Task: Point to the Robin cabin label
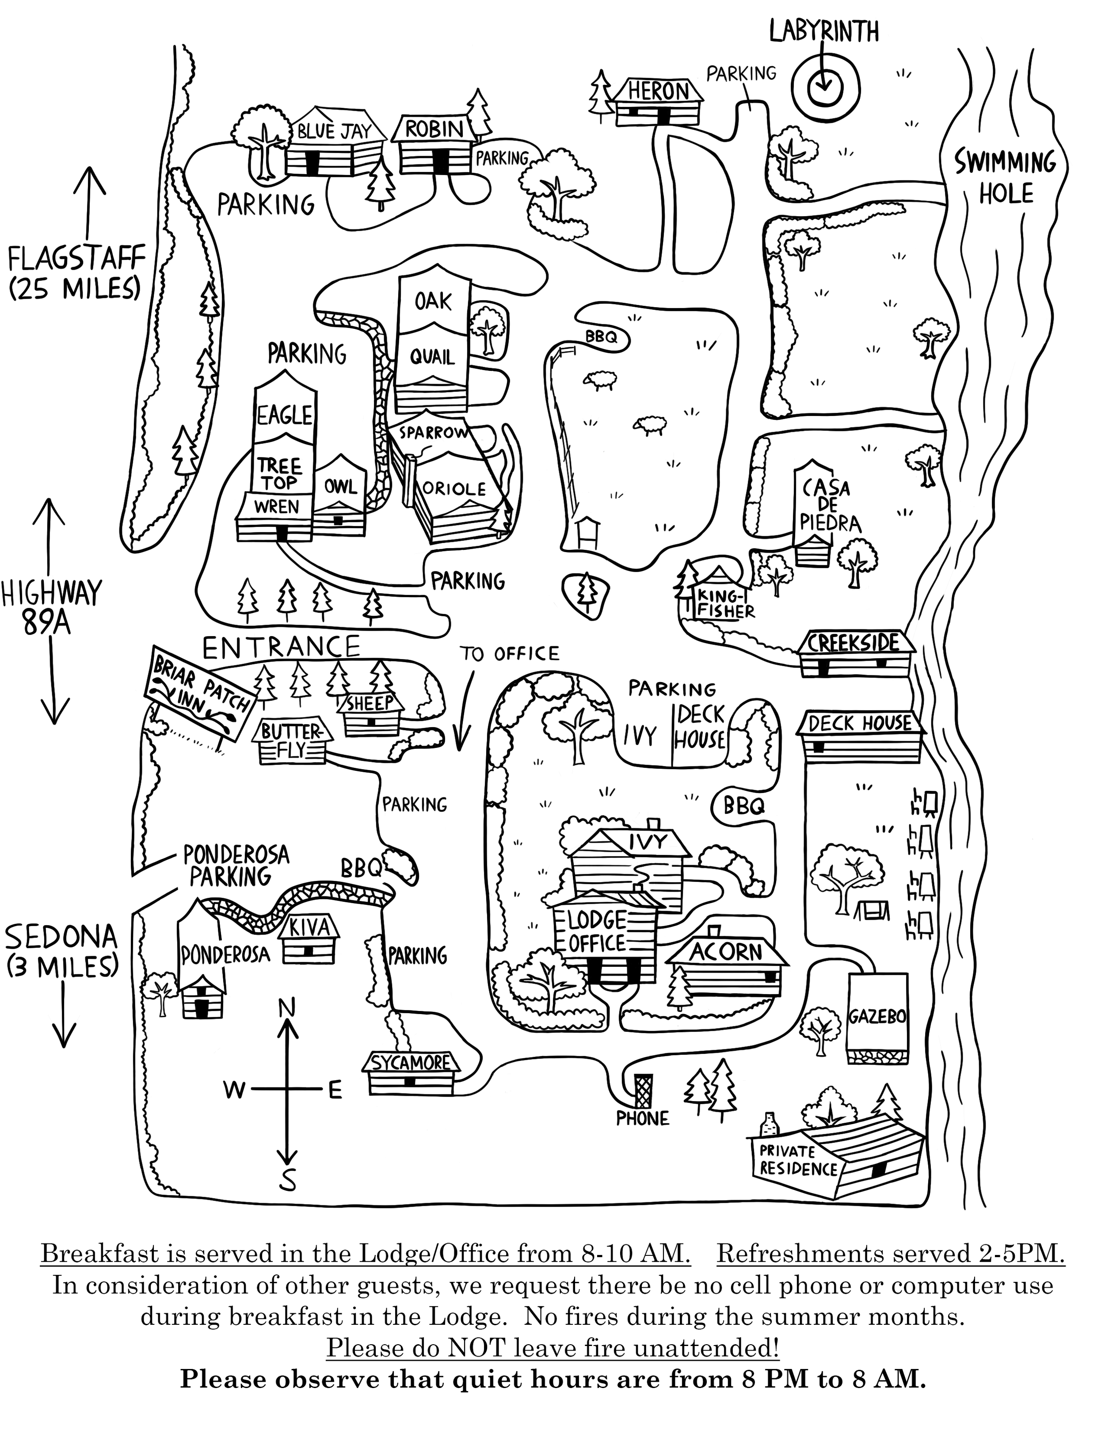point(434,129)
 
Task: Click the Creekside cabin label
point(854,642)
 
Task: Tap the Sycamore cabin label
point(411,1062)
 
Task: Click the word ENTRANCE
point(282,646)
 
